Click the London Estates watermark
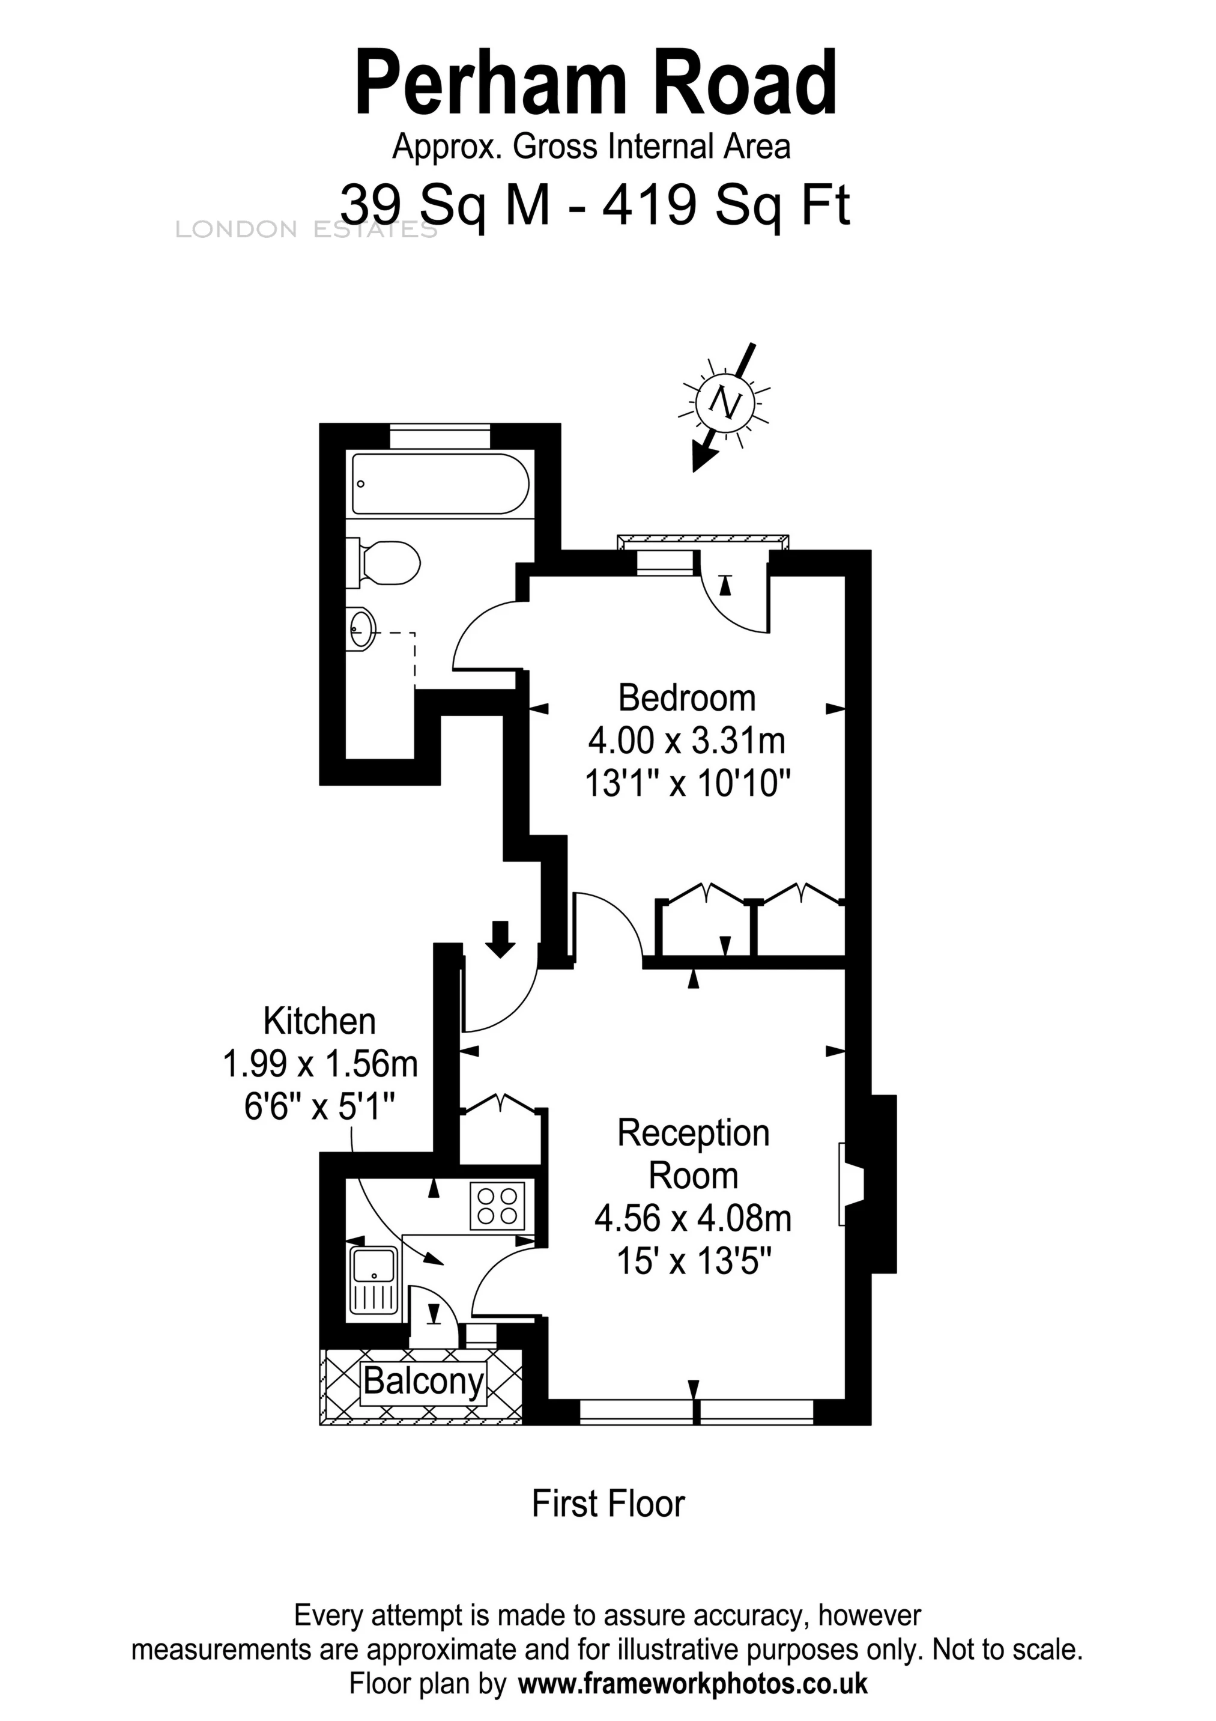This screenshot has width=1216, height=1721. click(306, 229)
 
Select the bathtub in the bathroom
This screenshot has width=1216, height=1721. click(441, 484)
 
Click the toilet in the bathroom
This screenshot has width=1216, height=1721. click(390, 563)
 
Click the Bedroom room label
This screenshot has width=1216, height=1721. click(686, 698)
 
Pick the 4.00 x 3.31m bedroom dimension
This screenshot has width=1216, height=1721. click(686, 741)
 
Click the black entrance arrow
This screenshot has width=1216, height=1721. click(500, 938)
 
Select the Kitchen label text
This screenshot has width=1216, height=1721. click(319, 1021)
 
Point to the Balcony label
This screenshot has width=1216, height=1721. click(424, 1380)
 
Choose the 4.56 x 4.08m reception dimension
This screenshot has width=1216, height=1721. click(693, 1218)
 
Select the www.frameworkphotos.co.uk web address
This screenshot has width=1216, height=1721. click(692, 1684)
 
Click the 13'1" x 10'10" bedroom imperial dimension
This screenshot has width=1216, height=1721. click(687, 784)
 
